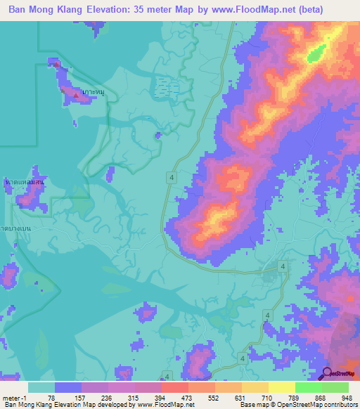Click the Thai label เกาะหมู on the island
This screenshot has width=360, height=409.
pyautogui.click(x=94, y=92)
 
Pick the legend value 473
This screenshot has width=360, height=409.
pyautogui.click(x=188, y=397)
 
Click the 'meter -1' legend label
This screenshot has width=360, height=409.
pyautogui.click(x=15, y=397)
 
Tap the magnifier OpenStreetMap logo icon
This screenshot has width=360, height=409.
pyautogui.click(x=327, y=375)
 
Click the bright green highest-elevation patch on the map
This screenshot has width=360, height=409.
pyautogui.click(x=317, y=51)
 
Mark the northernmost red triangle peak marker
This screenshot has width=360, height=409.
pyautogui.click(x=57, y=65)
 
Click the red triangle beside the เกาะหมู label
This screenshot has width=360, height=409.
pyautogui.click(x=76, y=93)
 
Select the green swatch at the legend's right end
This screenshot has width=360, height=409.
pyautogui.click(x=335, y=387)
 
